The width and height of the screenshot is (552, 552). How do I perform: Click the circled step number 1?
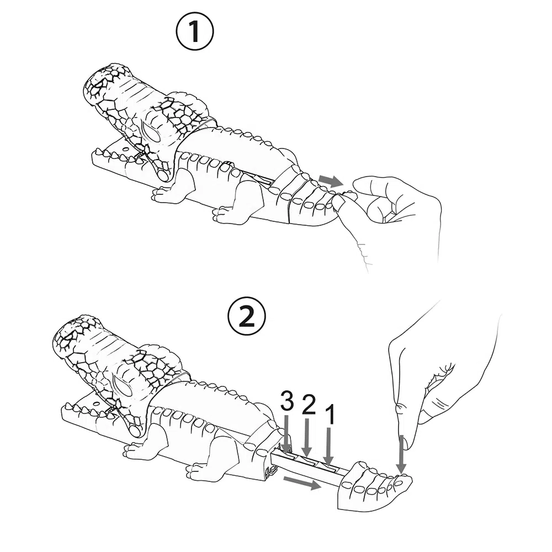(194, 32)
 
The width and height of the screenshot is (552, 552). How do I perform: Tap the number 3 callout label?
(287, 402)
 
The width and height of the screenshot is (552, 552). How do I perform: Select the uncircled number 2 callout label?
(309, 405)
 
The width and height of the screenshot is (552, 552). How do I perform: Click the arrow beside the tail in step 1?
(331, 181)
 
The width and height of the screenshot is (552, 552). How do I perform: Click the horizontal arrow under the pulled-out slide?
(302, 482)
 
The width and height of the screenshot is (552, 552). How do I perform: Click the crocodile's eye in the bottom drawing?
(122, 387)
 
